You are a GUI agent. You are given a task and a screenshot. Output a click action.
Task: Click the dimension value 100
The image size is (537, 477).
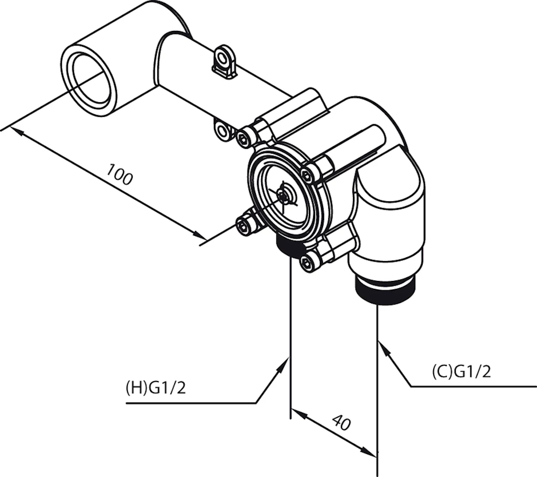(x=120, y=174)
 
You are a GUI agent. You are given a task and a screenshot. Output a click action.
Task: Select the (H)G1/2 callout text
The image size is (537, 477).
(x=156, y=388)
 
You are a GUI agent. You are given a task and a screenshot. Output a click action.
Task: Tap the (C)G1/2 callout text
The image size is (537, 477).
(x=461, y=372)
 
